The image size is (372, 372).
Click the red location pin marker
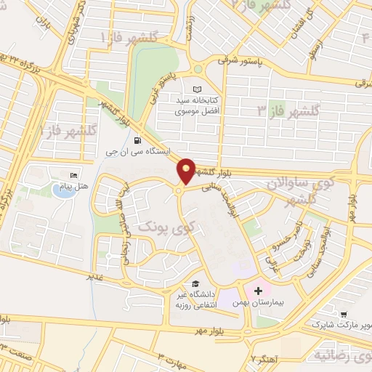187,170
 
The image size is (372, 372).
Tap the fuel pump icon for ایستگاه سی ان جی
138,140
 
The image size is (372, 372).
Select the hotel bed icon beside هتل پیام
72,177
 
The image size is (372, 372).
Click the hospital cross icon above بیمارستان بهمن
258,290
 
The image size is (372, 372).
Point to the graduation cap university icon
195,284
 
